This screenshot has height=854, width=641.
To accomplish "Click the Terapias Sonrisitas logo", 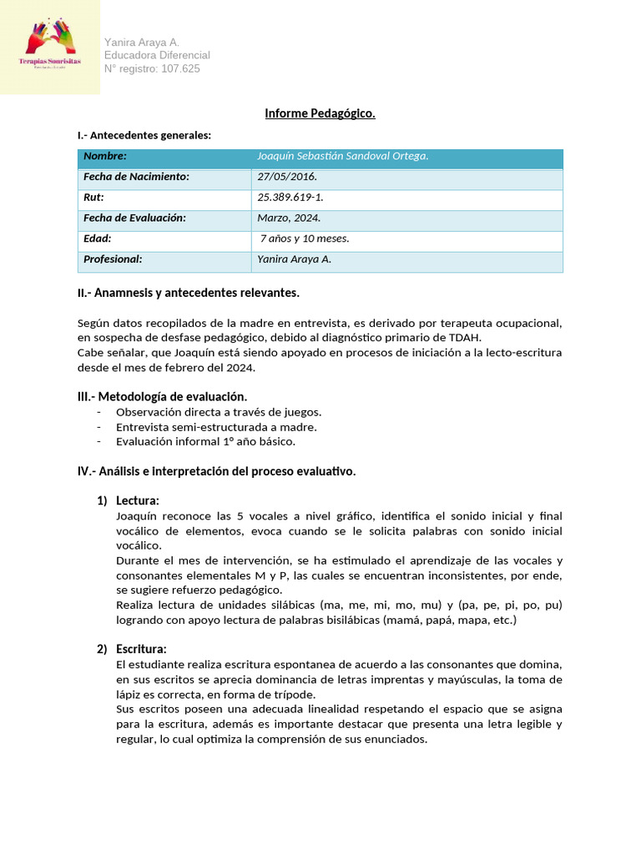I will click(x=50, y=47).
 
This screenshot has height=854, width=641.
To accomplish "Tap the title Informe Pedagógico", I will click(x=320, y=113).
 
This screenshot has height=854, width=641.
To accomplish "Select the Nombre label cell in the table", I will click(x=105, y=157).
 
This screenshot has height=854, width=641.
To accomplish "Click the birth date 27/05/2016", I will click(x=287, y=178).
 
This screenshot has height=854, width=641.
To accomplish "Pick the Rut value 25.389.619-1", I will click(x=290, y=198).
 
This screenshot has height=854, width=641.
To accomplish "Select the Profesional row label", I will click(x=113, y=259).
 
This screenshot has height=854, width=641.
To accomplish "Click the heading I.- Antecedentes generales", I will click(x=144, y=135).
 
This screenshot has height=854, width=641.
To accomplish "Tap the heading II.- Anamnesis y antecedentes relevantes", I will click(x=188, y=293).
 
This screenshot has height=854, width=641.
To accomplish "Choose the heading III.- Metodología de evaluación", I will click(x=162, y=397).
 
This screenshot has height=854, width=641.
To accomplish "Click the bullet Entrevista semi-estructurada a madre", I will click(x=216, y=427).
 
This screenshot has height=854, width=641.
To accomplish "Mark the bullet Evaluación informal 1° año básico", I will click(x=205, y=442).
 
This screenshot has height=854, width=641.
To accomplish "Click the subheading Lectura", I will click(x=138, y=500).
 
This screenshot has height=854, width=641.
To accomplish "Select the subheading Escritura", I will click(x=141, y=649).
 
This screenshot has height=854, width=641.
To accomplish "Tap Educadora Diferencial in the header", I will click(x=157, y=55).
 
